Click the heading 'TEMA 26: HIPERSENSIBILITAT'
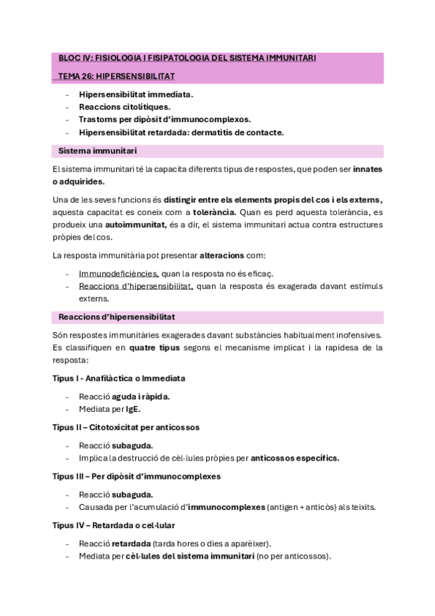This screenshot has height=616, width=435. (x=116, y=75)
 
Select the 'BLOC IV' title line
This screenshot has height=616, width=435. (x=187, y=57)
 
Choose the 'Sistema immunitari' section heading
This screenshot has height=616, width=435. (x=97, y=150)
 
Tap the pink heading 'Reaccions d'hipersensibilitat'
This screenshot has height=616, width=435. (x=116, y=317)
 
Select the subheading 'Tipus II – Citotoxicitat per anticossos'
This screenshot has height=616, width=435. (x=126, y=427)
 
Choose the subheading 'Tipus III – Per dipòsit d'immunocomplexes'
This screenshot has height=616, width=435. (x=137, y=476)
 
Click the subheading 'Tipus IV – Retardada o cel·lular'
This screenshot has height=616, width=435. (x=113, y=525)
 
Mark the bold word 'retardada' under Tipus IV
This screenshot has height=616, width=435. (x=131, y=543)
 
